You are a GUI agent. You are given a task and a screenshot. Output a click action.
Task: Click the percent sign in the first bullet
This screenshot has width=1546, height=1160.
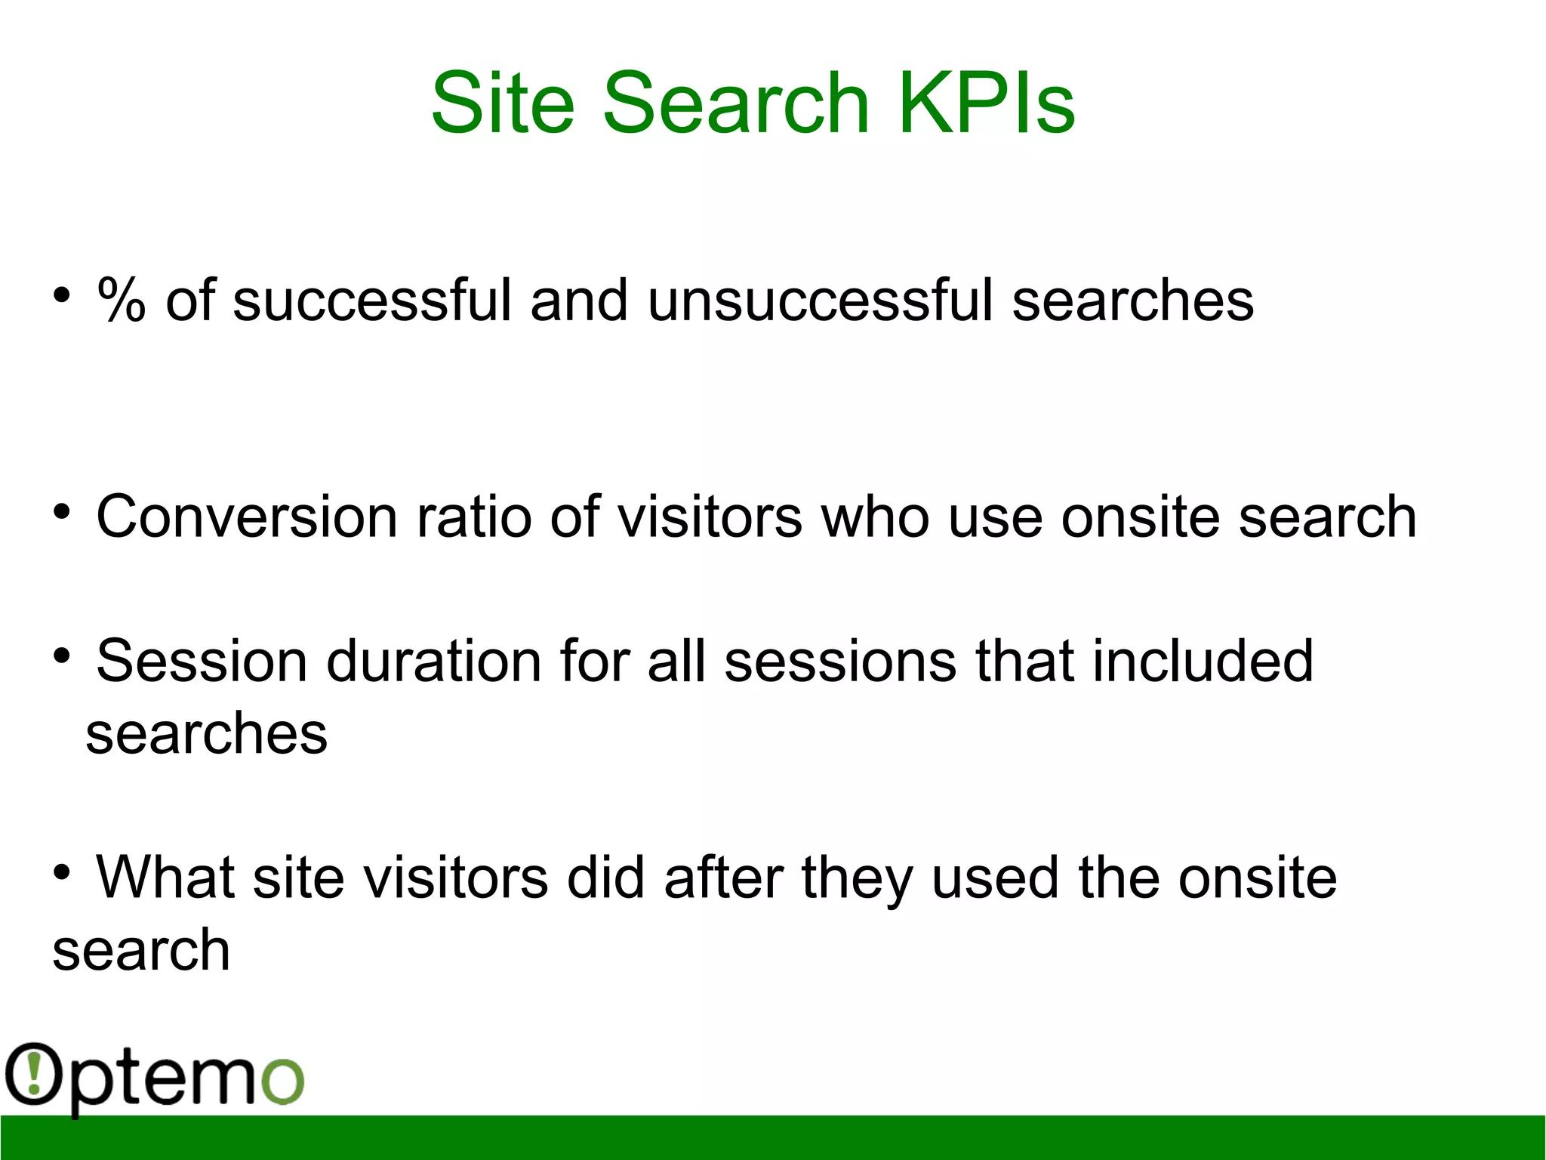click(121, 301)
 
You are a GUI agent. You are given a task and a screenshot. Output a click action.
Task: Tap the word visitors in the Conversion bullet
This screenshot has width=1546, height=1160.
click(710, 517)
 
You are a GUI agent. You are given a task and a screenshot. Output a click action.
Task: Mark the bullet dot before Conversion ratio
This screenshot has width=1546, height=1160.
click(62, 511)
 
